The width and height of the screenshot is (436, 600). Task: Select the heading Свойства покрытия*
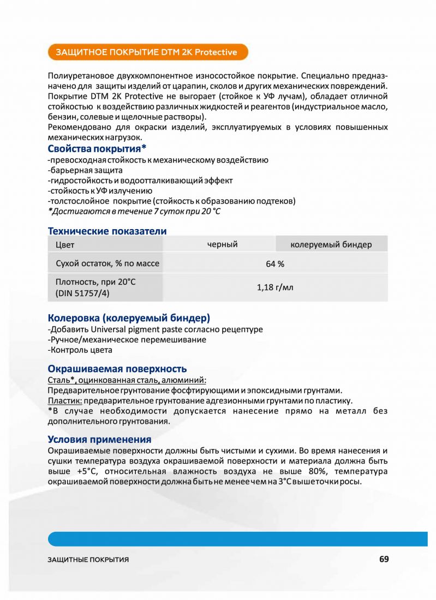pos(97,149)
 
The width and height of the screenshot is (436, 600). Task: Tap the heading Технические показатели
pos(107,231)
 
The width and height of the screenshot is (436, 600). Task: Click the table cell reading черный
pos(222,244)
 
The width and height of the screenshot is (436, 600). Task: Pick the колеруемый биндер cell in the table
pos(331,244)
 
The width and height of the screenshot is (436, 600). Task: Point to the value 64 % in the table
pos(275,264)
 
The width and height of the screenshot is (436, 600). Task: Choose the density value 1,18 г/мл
pos(275,287)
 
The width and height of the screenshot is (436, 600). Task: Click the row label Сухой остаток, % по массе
pos(107,263)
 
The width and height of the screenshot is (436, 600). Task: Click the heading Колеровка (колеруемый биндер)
pos(129,317)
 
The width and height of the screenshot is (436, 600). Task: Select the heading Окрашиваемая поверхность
pos(117,368)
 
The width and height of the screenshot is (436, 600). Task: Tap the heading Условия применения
pos(99,439)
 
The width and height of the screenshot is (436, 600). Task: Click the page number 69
pos(384,559)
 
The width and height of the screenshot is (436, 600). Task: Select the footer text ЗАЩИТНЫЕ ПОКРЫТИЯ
pos(88,560)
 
